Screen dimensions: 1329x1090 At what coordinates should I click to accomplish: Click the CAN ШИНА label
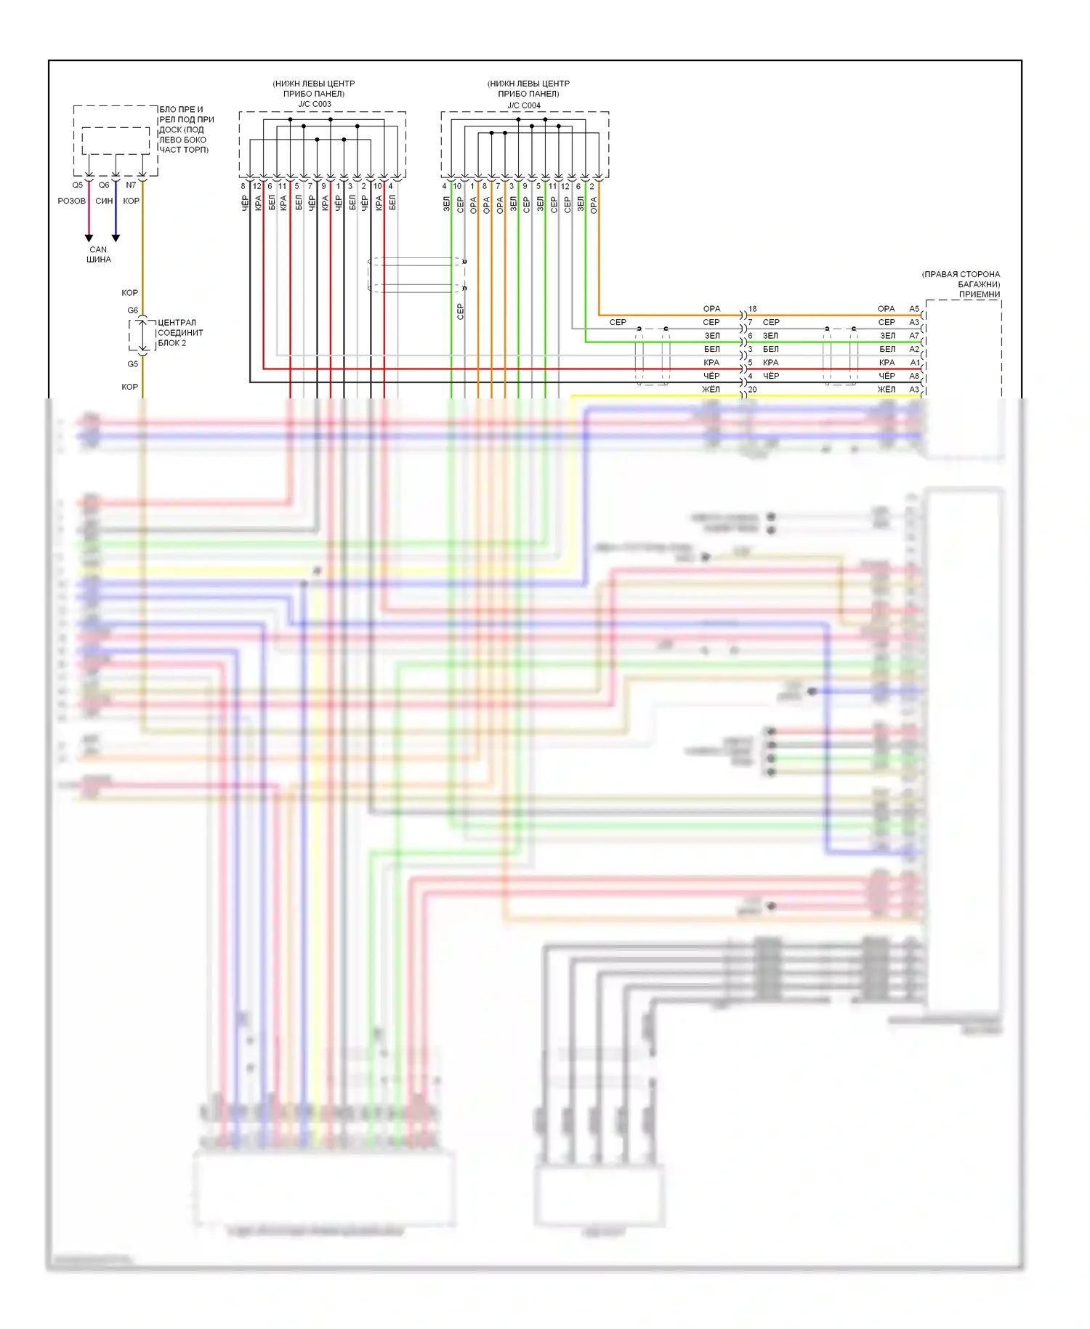click(x=99, y=254)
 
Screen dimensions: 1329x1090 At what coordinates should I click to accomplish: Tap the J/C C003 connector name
click(x=315, y=104)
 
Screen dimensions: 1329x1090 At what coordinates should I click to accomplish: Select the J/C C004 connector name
click(x=524, y=105)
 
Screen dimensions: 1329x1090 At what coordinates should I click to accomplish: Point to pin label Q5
click(x=77, y=185)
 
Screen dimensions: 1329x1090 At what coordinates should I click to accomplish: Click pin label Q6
click(x=104, y=185)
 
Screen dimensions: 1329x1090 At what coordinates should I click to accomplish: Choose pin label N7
click(x=131, y=185)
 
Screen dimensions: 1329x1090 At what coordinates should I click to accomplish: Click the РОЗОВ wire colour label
click(x=71, y=201)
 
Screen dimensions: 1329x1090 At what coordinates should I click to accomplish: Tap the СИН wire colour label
click(x=104, y=201)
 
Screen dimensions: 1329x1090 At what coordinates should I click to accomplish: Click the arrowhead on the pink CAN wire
click(x=89, y=238)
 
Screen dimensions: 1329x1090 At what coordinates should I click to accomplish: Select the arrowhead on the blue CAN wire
click(x=116, y=238)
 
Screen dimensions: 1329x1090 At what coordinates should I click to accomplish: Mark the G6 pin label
click(x=133, y=310)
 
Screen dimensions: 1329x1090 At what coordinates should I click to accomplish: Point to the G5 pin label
click(x=133, y=364)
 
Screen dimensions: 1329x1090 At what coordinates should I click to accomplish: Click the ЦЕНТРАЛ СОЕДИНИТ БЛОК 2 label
click(x=180, y=333)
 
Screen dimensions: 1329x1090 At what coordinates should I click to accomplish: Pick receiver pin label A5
click(x=914, y=309)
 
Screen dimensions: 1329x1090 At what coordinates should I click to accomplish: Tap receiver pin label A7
click(x=914, y=336)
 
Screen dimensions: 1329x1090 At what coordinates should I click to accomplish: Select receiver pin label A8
click(x=914, y=376)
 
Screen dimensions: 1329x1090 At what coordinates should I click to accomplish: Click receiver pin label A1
click(x=915, y=363)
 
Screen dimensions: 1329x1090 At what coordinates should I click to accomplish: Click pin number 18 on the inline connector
click(x=753, y=309)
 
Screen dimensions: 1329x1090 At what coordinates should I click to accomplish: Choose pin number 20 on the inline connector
click(x=753, y=390)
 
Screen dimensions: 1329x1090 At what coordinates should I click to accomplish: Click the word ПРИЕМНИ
click(x=979, y=294)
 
